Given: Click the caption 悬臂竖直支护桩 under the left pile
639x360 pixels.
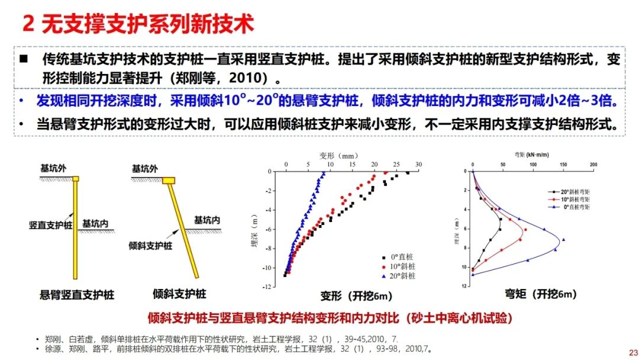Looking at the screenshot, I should [77, 294].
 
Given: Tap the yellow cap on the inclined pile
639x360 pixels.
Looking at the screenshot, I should [169, 180].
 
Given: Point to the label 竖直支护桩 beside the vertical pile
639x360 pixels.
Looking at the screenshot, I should [51, 225].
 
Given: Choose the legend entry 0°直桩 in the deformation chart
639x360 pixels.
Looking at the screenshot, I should [402, 257].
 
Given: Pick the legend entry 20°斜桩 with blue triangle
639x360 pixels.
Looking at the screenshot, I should [402, 276].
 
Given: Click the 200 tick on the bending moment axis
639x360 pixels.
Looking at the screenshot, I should [593, 165].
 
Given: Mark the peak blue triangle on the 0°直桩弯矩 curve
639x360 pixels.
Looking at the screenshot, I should [563, 240].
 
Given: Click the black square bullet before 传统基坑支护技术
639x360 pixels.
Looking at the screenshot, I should [24, 59].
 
